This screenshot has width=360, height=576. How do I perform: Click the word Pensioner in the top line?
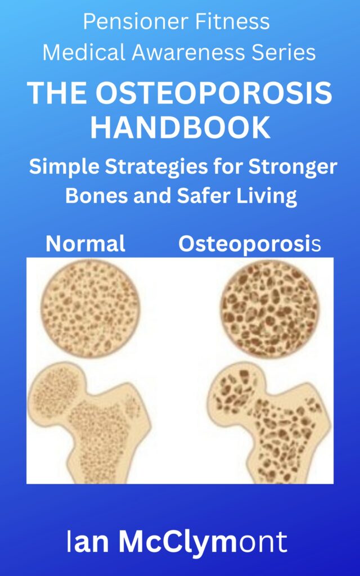pyautogui.click(x=136, y=21)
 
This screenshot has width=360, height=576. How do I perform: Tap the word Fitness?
pyautogui.click(x=232, y=21)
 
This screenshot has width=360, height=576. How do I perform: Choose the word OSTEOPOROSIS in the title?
pyautogui.click(x=214, y=93)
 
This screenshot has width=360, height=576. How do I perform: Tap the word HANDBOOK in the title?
pyautogui.click(x=181, y=127)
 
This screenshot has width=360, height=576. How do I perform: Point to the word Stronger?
pyautogui.click(x=292, y=167)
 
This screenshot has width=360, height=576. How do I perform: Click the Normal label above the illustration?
pyautogui.click(x=85, y=244)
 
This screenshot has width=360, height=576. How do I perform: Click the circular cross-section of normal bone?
pyautogui.click(x=90, y=309)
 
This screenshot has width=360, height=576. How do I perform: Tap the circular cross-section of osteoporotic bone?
pyautogui.click(x=270, y=309)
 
